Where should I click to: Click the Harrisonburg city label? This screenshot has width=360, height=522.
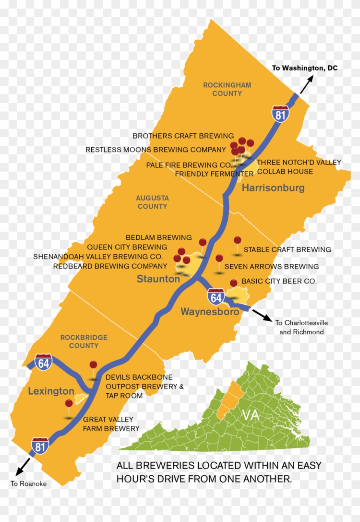[x=273, y=188]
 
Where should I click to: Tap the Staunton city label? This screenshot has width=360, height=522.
[x=158, y=279]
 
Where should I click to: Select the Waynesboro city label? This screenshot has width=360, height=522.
[x=210, y=312]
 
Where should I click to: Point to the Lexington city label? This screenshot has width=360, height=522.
[x=51, y=391]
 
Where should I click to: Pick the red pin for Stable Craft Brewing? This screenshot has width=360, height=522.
[x=237, y=241]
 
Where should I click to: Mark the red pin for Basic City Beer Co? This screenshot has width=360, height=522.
[x=234, y=283]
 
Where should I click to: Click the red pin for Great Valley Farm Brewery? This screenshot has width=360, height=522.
[x=69, y=404]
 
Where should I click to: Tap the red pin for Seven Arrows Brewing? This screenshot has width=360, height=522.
[x=219, y=259]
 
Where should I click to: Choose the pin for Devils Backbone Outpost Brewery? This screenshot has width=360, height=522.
[x=93, y=365]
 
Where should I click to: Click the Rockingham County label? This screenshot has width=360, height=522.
[x=227, y=89]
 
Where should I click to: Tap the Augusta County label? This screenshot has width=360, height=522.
[x=152, y=202]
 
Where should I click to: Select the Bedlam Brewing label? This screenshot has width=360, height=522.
[x=159, y=238]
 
